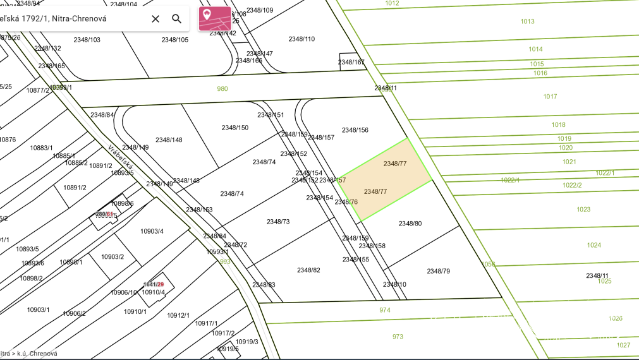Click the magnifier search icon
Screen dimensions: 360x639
(x=177, y=19)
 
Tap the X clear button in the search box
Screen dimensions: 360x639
(x=155, y=19)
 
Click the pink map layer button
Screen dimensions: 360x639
(x=215, y=18)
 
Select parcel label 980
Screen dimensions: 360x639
(x=222, y=89)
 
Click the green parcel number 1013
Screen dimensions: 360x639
(x=527, y=21)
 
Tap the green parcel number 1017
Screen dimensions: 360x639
(x=550, y=97)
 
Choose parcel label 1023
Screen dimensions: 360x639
(x=583, y=209)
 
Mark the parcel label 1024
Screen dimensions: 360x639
(x=594, y=245)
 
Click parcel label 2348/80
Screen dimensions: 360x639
(x=410, y=224)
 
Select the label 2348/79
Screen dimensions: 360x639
(x=438, y=271)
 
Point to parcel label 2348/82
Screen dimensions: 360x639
(x=308, y=270)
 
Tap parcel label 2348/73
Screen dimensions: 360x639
(x=278, y=222)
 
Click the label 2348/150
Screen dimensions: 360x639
(x=235, y=128)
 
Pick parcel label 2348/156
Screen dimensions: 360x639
(x=355, y=130)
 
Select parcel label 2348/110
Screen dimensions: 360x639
(x=301, y=39)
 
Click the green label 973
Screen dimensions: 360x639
(x=398, y=337)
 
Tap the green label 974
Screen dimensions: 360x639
(x=385, y=310)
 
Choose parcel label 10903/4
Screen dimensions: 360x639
(x=152, y=231)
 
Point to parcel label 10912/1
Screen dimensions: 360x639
(x=178, y=315)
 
